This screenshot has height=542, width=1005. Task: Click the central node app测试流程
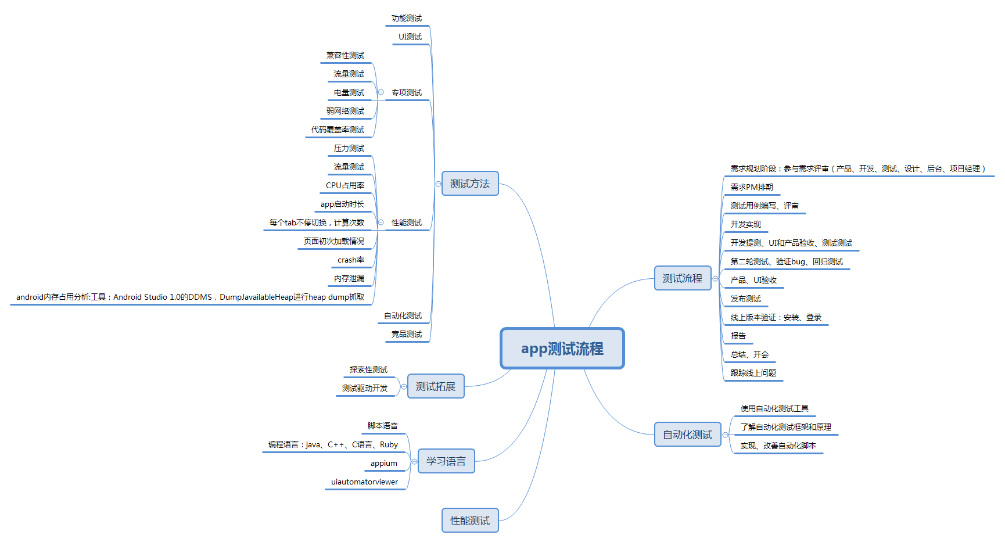click(562, 349)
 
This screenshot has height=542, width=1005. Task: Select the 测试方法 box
click(470, 184)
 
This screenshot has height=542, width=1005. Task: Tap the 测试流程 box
click(683, 278)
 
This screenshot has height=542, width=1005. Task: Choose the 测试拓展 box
click(436, 386)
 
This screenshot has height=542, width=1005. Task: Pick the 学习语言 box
click(446, 461)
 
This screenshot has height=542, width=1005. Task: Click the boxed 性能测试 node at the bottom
click(470, 521)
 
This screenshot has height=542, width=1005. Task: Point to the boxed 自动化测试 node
click(687, 435)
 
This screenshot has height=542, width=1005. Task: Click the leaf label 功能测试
click(407, 19)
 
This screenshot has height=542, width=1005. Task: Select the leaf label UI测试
click(410, 37)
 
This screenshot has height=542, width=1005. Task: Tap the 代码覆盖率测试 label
click(338, 130)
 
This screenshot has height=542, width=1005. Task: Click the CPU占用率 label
click(345, 186)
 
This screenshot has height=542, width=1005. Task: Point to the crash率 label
click(351, 260)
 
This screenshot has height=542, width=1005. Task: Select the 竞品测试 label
click(407, 335)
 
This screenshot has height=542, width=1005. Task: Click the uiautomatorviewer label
click(364, 482)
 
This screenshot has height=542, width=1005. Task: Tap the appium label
click(384, 464)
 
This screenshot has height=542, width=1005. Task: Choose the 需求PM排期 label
click(752, 187)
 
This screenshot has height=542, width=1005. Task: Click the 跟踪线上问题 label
click(753, 373)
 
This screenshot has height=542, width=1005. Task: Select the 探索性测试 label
click(368, 370)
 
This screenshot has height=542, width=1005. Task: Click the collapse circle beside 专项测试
click(381, 92)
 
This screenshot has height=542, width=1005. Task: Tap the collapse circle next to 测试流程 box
click(716, 279)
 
